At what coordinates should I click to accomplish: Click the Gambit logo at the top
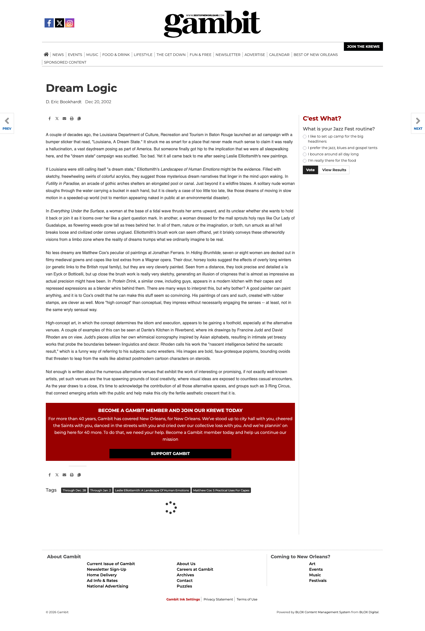point(212,24)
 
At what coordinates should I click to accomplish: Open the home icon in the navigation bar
point(46,54)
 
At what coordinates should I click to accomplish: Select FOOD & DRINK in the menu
point(116,55)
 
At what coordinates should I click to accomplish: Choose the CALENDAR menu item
point(279,55)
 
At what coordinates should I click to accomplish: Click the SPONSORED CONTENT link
point(65,62)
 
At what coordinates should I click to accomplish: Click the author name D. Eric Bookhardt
point(63,102)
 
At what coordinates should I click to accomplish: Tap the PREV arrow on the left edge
point(7,123)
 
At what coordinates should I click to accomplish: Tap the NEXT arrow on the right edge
point(418,123)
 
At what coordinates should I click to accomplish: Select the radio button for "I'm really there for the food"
point(305,161)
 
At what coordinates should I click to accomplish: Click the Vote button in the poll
point(310,170)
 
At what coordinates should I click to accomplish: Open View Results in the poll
point(334,170)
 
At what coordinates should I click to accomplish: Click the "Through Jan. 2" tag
point(100,490)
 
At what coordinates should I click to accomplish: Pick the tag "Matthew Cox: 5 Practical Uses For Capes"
point(221,490)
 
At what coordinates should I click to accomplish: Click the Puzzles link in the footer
point(184,586)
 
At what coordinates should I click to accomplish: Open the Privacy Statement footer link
point(218,599)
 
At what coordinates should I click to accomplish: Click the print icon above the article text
point(72,119)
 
